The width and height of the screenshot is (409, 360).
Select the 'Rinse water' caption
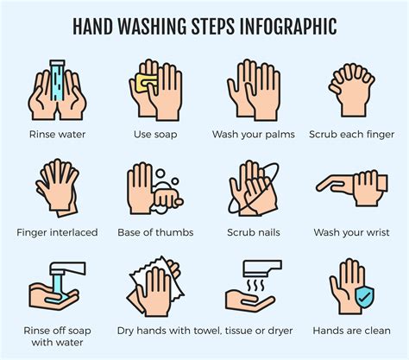click(56, 134)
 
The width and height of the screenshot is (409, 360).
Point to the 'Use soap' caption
click(155, 134)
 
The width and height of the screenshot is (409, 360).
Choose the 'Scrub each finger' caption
click(351, 134)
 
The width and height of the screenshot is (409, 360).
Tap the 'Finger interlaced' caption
click(56, 232)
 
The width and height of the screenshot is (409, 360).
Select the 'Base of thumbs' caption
click(155, 232)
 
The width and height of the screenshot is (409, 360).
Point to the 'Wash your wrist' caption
click(351, 232)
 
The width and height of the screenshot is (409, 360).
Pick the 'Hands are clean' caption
click(351, 331)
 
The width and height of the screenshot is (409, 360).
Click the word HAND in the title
click(95, 27)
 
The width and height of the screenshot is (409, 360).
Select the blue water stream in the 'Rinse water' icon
click(56, 78)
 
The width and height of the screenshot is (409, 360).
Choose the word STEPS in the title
click(201, 27)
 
